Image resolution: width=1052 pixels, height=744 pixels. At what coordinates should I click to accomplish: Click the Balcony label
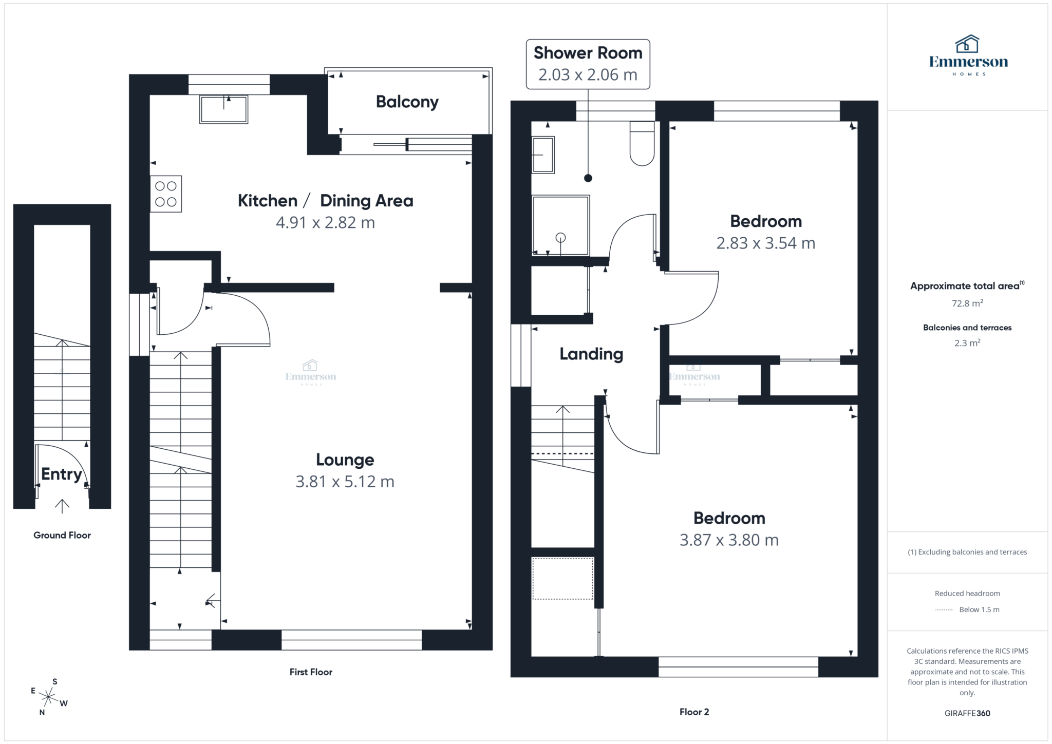click(407, 102)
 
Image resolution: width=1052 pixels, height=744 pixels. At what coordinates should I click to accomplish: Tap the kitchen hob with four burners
click(166, 194)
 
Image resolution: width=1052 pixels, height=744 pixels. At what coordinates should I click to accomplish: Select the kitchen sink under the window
click(224, 109)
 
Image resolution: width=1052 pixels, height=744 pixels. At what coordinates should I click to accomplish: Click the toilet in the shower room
click(642, 144)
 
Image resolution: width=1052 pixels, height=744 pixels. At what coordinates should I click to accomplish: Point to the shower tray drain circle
click(561, 237)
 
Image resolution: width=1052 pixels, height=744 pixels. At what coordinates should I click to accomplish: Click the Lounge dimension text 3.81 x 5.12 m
click(345, 482)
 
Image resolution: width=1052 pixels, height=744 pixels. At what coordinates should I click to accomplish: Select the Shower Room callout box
click(588, 64)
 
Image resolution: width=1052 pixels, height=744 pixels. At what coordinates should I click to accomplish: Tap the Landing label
click(591, 354)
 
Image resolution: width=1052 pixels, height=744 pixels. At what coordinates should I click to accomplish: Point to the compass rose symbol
click(48, 697)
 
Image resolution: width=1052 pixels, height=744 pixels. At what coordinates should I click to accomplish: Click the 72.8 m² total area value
click(967, 303)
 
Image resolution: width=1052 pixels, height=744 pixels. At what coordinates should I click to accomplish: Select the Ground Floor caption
click(62, 535)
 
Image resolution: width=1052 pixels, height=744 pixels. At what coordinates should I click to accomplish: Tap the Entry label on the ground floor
click(62, 474)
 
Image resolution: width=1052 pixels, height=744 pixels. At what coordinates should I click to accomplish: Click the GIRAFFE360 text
click(967, 713)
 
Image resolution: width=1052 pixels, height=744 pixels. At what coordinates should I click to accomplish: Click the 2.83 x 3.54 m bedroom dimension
click(765, 243)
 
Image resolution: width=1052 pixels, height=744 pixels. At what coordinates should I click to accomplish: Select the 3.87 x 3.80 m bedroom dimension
click(729, 540)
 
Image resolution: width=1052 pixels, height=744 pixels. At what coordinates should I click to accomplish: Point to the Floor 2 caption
click(694, 712)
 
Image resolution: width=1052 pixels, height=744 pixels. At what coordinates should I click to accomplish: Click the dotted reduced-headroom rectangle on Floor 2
click(562, 579)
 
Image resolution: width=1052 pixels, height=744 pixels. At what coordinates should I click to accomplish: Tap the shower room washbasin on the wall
click(543, 155)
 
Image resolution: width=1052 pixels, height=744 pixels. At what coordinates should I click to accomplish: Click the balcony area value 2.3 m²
click(967, 343)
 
